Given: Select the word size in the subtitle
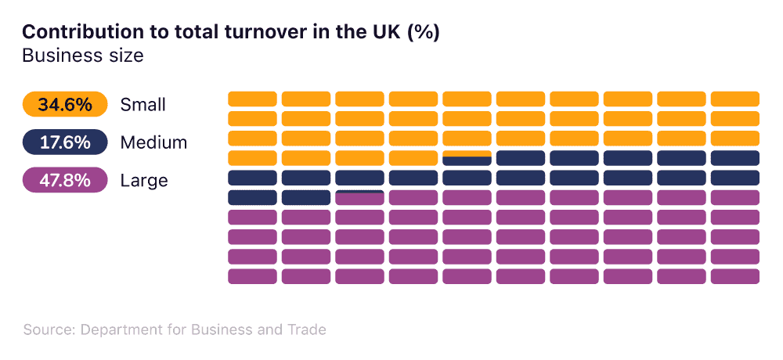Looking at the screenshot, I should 124,56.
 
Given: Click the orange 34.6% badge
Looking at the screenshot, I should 65,104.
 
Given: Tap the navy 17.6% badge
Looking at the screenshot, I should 65,142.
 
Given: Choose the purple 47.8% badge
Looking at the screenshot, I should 65,181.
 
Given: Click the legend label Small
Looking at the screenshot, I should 143,104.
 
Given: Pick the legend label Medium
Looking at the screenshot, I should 153,142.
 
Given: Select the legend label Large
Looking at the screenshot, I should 144,181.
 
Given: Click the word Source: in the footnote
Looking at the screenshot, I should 48,329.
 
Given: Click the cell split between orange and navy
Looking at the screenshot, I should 467,158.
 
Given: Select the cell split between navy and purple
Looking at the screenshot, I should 359,197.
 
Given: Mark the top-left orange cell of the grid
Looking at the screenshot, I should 252,99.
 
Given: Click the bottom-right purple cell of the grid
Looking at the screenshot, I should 735,276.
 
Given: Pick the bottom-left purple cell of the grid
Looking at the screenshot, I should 252,276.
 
